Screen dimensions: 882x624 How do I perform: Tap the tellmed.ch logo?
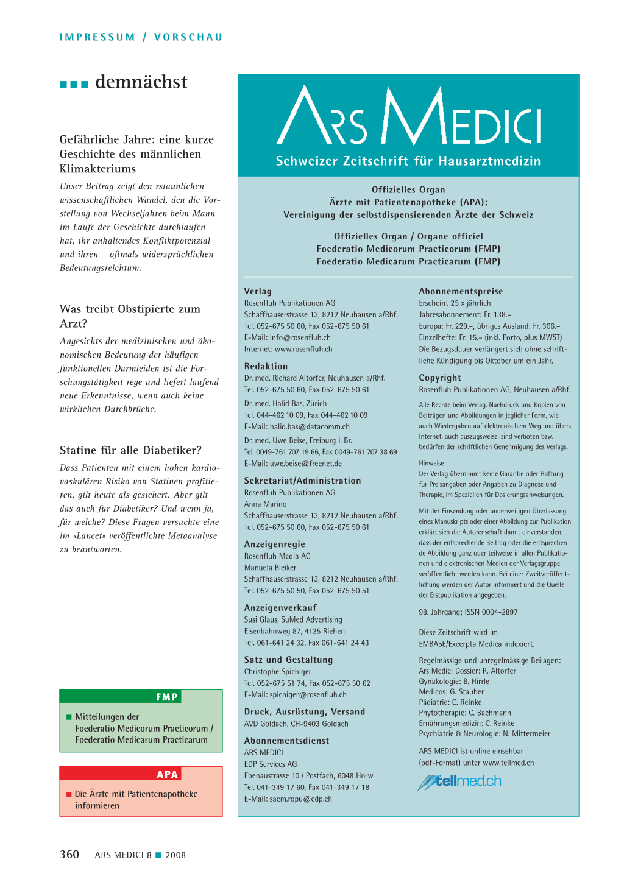coord(459,781)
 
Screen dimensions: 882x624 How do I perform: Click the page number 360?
coord(69,855)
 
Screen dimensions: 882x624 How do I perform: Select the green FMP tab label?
coord(166,697)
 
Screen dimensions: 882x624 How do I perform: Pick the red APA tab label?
coord(167,774)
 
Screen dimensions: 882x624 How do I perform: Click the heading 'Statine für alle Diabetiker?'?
coord(130,450)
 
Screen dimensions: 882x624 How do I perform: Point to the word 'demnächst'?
coord(141,82)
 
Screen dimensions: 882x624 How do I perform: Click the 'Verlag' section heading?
coord(258,291)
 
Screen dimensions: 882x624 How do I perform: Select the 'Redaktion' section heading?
coord(266,366)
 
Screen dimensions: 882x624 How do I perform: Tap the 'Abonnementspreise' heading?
coord(461,291)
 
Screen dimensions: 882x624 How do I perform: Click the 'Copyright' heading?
coord(440,378)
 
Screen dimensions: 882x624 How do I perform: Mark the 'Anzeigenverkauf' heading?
coord(280,608)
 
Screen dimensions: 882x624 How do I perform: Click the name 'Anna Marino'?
coord(265,504)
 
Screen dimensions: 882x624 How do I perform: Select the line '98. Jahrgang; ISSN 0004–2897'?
coord(468,612)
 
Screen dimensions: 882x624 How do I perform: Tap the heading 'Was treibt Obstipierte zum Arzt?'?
coord(130,316)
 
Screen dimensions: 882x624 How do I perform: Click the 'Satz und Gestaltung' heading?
coord(288,660)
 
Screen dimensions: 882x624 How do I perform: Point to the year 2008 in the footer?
coord(175,855)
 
